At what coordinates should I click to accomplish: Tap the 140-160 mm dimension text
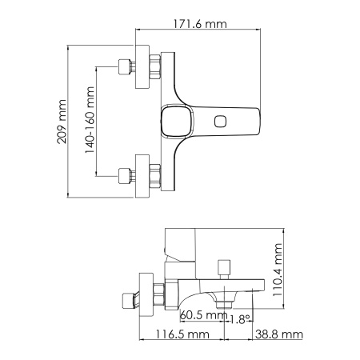pos(90,120)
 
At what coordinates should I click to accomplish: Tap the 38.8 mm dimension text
pos(279,334)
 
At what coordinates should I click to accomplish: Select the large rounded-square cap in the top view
pos(175,122)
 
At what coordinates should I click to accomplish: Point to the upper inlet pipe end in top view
pos(123,67)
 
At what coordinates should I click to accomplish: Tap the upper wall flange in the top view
pos(142,67)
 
